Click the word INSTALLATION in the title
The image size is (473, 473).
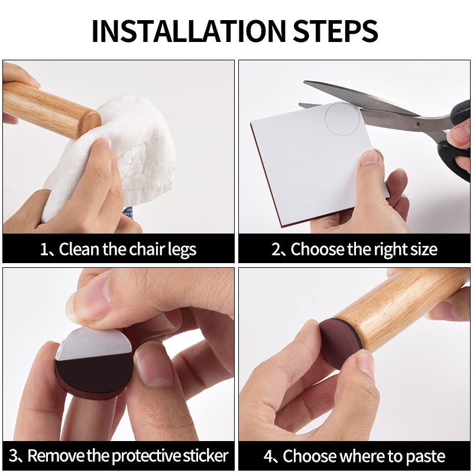pos(189,31)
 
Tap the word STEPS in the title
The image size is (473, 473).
pos(335,31)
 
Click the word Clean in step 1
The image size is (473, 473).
pos(79,249)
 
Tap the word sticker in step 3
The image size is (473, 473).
pos(205,455)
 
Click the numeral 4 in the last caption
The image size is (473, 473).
pos(268,456)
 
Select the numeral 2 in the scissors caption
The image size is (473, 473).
pos(276,250)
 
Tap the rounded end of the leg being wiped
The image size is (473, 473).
pos(90,124)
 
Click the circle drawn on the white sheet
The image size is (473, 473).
pos(343,118)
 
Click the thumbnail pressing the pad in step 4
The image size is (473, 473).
pos(364,365)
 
